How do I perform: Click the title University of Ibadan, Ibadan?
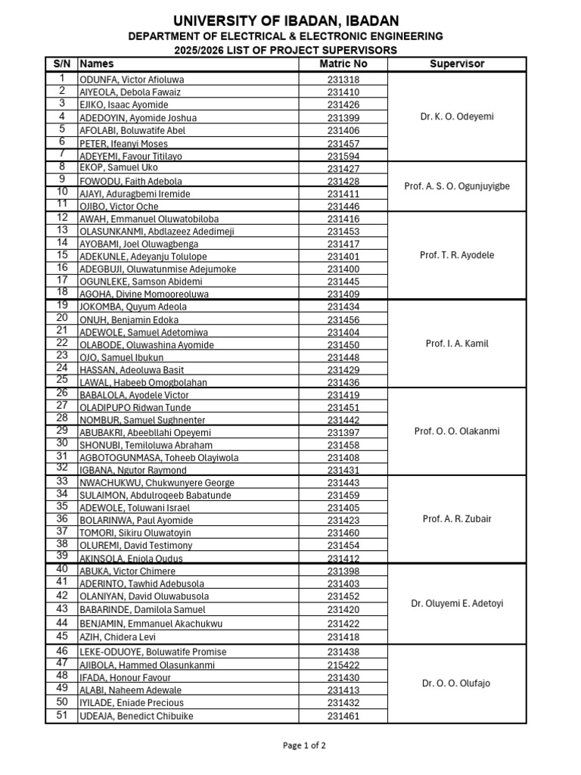286,20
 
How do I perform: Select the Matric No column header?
343,64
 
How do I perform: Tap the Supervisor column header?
456,64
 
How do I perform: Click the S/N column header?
61,64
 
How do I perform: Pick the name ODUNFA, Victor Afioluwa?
132,79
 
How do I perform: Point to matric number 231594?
343,156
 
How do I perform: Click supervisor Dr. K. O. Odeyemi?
456,117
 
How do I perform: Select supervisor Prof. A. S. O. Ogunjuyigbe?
456,186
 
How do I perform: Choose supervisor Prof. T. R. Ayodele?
456,256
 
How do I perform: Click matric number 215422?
343,665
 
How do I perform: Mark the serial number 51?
61,716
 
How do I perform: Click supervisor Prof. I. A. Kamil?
456,344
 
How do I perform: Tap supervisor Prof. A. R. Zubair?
456,519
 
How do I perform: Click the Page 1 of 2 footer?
304,745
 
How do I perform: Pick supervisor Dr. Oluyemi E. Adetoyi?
456,604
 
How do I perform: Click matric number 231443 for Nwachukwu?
343,483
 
